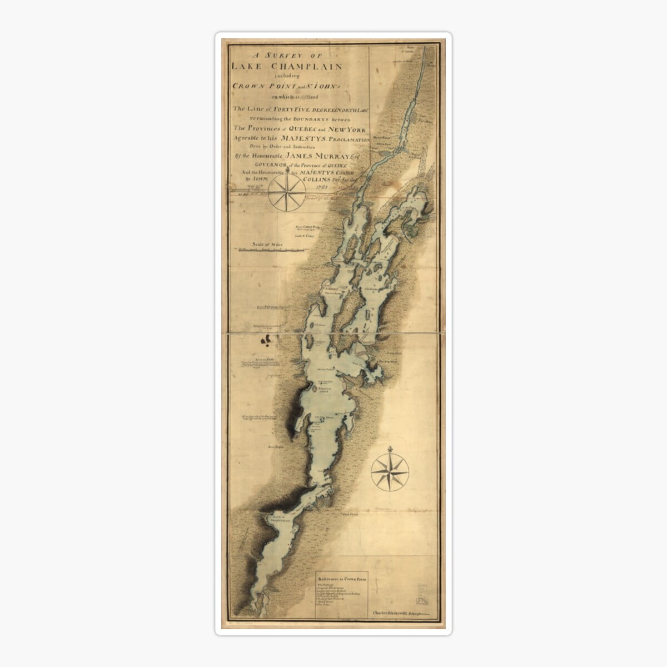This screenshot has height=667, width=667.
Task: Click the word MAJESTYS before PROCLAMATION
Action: pyautogui.click(x=313, y=141)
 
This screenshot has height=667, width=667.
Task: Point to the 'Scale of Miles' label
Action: pyautogui.click(x=266, y=243)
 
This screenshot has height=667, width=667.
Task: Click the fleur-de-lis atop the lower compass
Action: pyautogui.click(x=390, y=449)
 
